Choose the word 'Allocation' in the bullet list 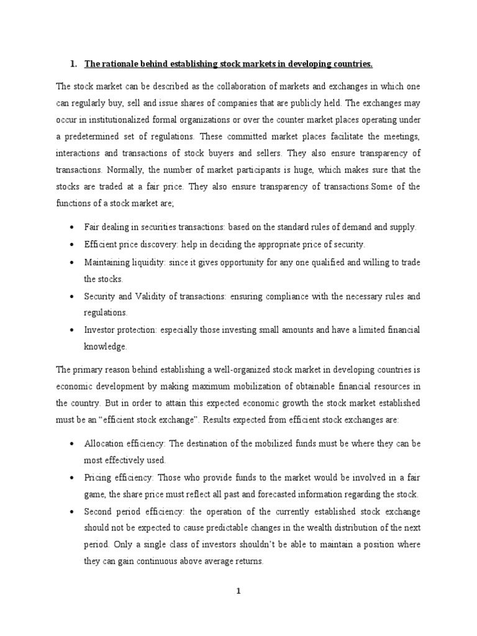point(105,444)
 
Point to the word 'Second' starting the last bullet point(98,512)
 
